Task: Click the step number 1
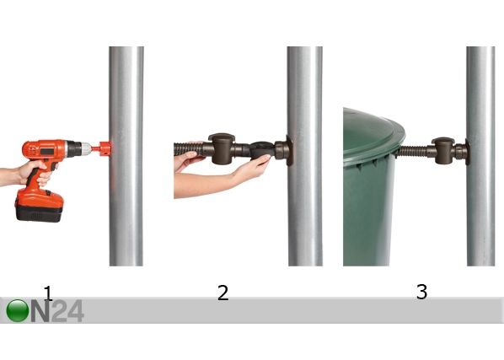tap(48, 293)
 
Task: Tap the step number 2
tap(223, 293)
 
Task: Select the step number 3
tap(421, 293)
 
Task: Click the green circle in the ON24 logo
tap(18, 310)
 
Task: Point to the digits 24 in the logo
tap(67, 311)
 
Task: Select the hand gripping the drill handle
tap(35, 173)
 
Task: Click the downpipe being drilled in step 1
tap(126, 156)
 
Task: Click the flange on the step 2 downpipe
tap(289, 150)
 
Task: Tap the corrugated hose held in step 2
tap(189, 149)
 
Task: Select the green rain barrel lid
tap(373, 134)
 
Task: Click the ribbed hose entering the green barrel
tap(412, 150)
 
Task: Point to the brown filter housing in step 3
tap(443, 150)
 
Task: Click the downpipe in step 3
tap(480, 156)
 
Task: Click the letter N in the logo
tap(40, 311)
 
